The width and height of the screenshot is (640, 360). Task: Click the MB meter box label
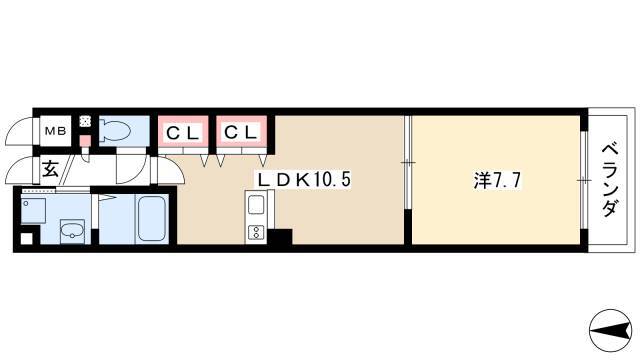56,131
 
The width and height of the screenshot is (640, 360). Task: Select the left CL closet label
183,133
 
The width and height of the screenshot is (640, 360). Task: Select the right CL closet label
241,132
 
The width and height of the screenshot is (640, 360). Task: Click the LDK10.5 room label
303,180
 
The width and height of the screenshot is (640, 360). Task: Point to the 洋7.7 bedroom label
497,180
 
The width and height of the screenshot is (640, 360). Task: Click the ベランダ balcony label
609,180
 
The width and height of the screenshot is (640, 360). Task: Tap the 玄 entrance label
50,169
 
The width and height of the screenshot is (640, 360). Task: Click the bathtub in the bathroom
153,218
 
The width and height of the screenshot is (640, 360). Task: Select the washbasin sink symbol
73,231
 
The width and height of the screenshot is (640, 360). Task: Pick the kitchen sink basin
256,204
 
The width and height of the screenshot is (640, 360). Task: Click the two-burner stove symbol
256,232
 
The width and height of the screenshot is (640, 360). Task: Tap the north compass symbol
611,330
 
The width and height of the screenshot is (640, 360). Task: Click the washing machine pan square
33,211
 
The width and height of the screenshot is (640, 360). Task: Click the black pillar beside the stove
279,237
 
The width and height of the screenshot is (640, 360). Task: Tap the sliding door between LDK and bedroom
408,162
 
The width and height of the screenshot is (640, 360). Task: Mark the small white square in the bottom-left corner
27,239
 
